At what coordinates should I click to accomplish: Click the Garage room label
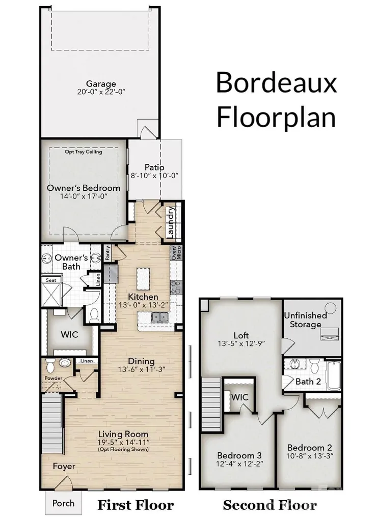coord(101,84)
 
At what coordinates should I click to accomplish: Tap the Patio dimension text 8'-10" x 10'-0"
coord(155,176)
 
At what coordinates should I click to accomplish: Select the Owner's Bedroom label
coord(84,188)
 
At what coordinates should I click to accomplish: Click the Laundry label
coord(170,223)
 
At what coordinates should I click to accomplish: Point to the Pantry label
coord(107,252)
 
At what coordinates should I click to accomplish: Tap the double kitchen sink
coord(160,317)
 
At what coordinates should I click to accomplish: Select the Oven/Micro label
coord(176,253)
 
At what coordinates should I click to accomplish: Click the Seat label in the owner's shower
coord(51,280)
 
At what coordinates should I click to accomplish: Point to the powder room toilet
coord(50,366)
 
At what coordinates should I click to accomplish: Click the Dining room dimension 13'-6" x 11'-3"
coord(142,369)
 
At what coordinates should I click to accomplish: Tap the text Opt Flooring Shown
coord(123,449)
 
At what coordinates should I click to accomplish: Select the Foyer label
coord(64,467)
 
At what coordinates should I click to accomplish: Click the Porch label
coord(63,503)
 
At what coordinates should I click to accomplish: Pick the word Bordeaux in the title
coord(277,82)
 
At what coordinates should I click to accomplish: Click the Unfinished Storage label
coord(306,320)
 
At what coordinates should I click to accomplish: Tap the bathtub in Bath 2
coord(334,375)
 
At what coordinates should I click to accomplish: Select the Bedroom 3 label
coord(239,455)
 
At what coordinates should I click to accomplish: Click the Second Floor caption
coord(270,505)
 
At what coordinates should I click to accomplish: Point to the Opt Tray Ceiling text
coord(83,152)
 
